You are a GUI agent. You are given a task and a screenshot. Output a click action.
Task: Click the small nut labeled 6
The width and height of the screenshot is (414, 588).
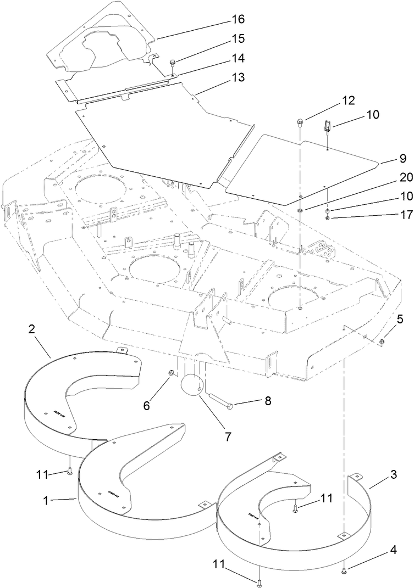click(x=171, y=374)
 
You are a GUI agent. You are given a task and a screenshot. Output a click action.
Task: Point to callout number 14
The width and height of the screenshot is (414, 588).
click(x=238, y=58)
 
